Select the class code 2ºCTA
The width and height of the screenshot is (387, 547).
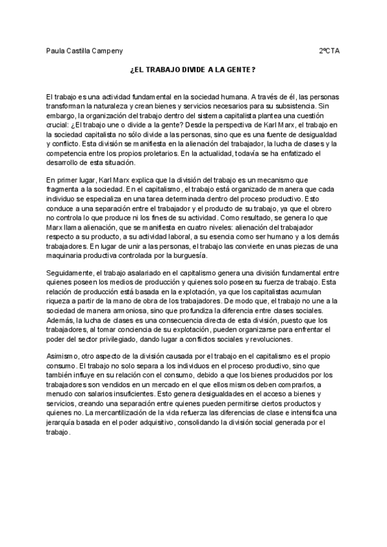(330, 50)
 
